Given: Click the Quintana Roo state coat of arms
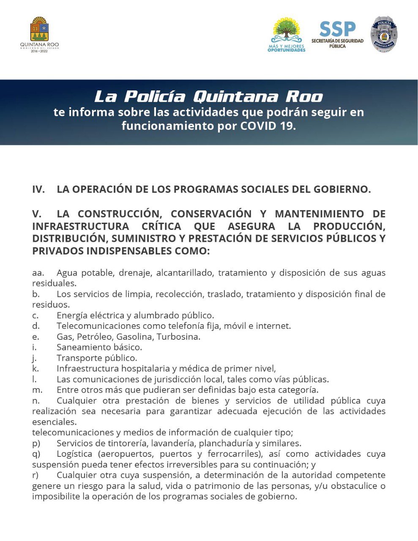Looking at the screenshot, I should point(39,30).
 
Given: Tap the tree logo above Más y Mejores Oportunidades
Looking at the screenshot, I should point(287,31).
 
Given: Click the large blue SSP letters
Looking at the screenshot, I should point(337,29).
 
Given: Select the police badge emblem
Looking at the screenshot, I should point(384,35).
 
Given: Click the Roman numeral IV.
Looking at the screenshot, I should point(38,189).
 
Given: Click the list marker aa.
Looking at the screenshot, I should point(38,273).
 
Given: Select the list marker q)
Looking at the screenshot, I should point(36,454).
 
